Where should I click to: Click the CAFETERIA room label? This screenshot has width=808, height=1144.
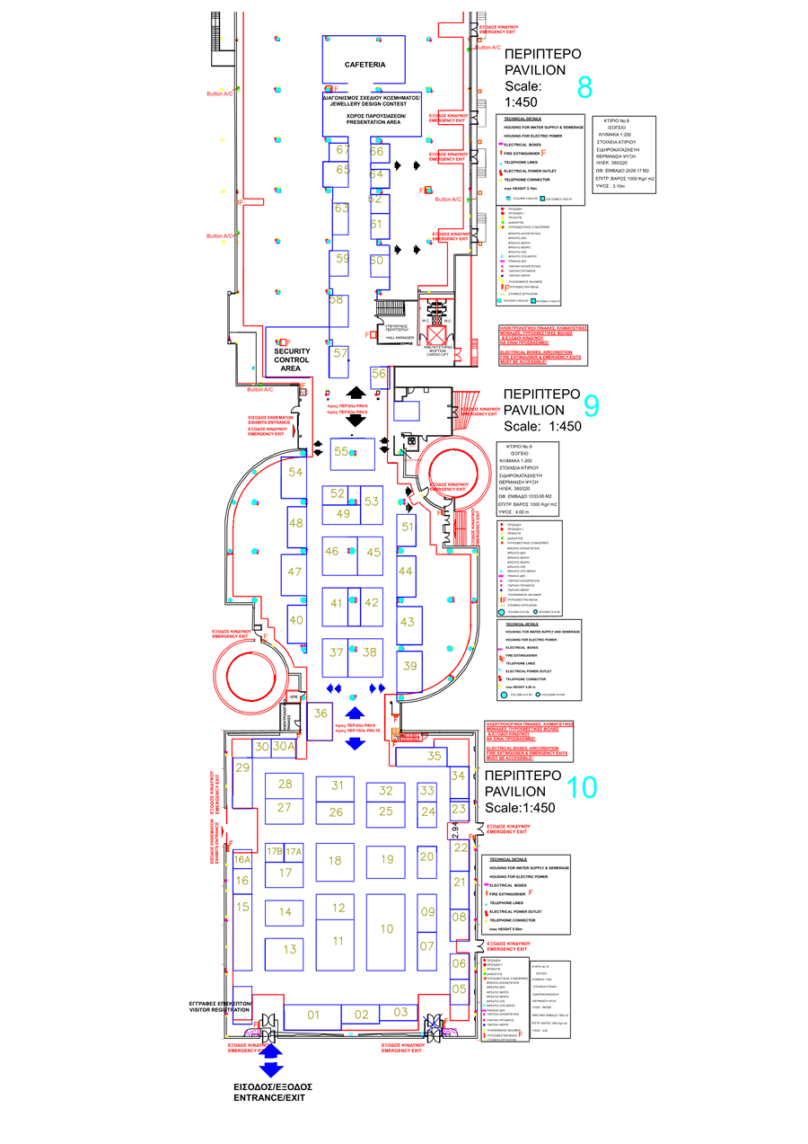364,65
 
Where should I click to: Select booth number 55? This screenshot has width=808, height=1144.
341,452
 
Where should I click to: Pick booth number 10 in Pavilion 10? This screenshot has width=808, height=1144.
386,928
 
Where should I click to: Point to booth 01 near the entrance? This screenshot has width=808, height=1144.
313,1015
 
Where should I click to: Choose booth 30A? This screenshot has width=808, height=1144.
284,746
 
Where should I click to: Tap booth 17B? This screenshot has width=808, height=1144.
274,851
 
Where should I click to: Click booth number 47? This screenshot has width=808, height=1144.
294,572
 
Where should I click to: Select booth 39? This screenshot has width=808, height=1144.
409,666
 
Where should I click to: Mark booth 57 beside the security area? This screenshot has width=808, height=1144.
340,353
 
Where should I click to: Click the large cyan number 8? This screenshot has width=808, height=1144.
584,88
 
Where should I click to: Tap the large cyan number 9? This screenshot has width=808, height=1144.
591,405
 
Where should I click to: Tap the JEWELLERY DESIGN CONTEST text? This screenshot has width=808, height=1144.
364,103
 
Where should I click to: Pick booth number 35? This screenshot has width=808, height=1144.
435,757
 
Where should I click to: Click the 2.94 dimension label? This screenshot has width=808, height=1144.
455,829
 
